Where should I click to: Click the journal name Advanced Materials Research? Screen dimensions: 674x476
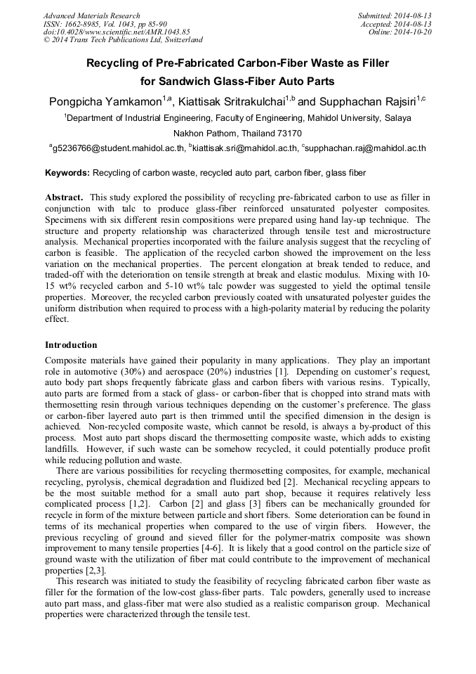[x=91, y=15]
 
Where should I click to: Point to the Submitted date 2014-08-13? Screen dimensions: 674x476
[x=415, y=15]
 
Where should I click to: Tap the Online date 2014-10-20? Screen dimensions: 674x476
[x=416, y=32]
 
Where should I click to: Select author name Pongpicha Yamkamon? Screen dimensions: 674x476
[x=105, y=103]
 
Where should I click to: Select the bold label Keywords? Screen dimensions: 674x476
[x=67, y=172]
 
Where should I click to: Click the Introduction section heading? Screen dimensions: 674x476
[x=71, y=345]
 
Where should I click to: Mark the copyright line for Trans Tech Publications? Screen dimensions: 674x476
[x=123, y=40]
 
